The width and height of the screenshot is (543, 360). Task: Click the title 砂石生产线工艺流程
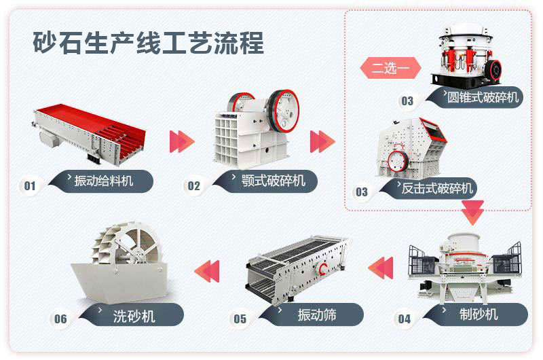click(x=148, y=43)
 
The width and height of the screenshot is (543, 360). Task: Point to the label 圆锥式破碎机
click(x=483, y=97)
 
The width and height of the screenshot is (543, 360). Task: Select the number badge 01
click(x=30, y=185)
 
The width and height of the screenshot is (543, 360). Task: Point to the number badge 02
click(x=194, y=185)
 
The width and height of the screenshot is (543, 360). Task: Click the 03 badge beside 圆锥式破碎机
click(x=407, y=101)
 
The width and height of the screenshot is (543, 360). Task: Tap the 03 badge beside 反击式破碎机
click(x=362, y=192)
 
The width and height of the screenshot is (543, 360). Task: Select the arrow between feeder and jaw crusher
click(x=181, y=141)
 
